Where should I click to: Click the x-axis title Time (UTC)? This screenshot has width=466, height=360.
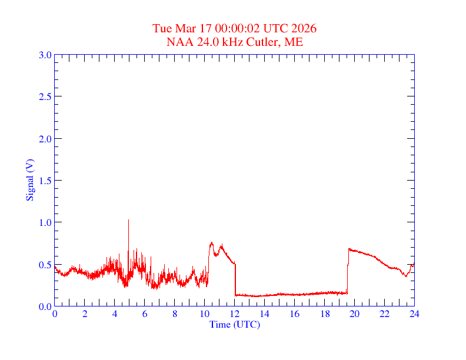234,324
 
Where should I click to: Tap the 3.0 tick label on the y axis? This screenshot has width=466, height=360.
45,55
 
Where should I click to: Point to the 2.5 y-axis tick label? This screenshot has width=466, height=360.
45,96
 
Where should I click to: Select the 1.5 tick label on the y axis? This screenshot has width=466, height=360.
45,181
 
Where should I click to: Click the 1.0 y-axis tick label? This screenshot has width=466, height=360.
45,222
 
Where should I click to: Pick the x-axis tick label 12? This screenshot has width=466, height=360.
235,314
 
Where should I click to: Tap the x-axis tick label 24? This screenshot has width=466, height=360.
414,314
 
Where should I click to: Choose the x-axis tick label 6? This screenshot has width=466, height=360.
145,314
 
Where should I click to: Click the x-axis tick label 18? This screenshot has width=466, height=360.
325,314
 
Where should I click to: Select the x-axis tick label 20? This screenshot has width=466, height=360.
355,314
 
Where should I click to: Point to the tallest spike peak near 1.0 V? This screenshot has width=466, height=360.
128,220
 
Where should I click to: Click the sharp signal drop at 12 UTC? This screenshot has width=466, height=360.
235,279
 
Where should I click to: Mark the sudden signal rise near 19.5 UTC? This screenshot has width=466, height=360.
348,271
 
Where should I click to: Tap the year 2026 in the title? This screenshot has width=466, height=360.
305,29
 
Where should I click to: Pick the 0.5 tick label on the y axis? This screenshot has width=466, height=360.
45,265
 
